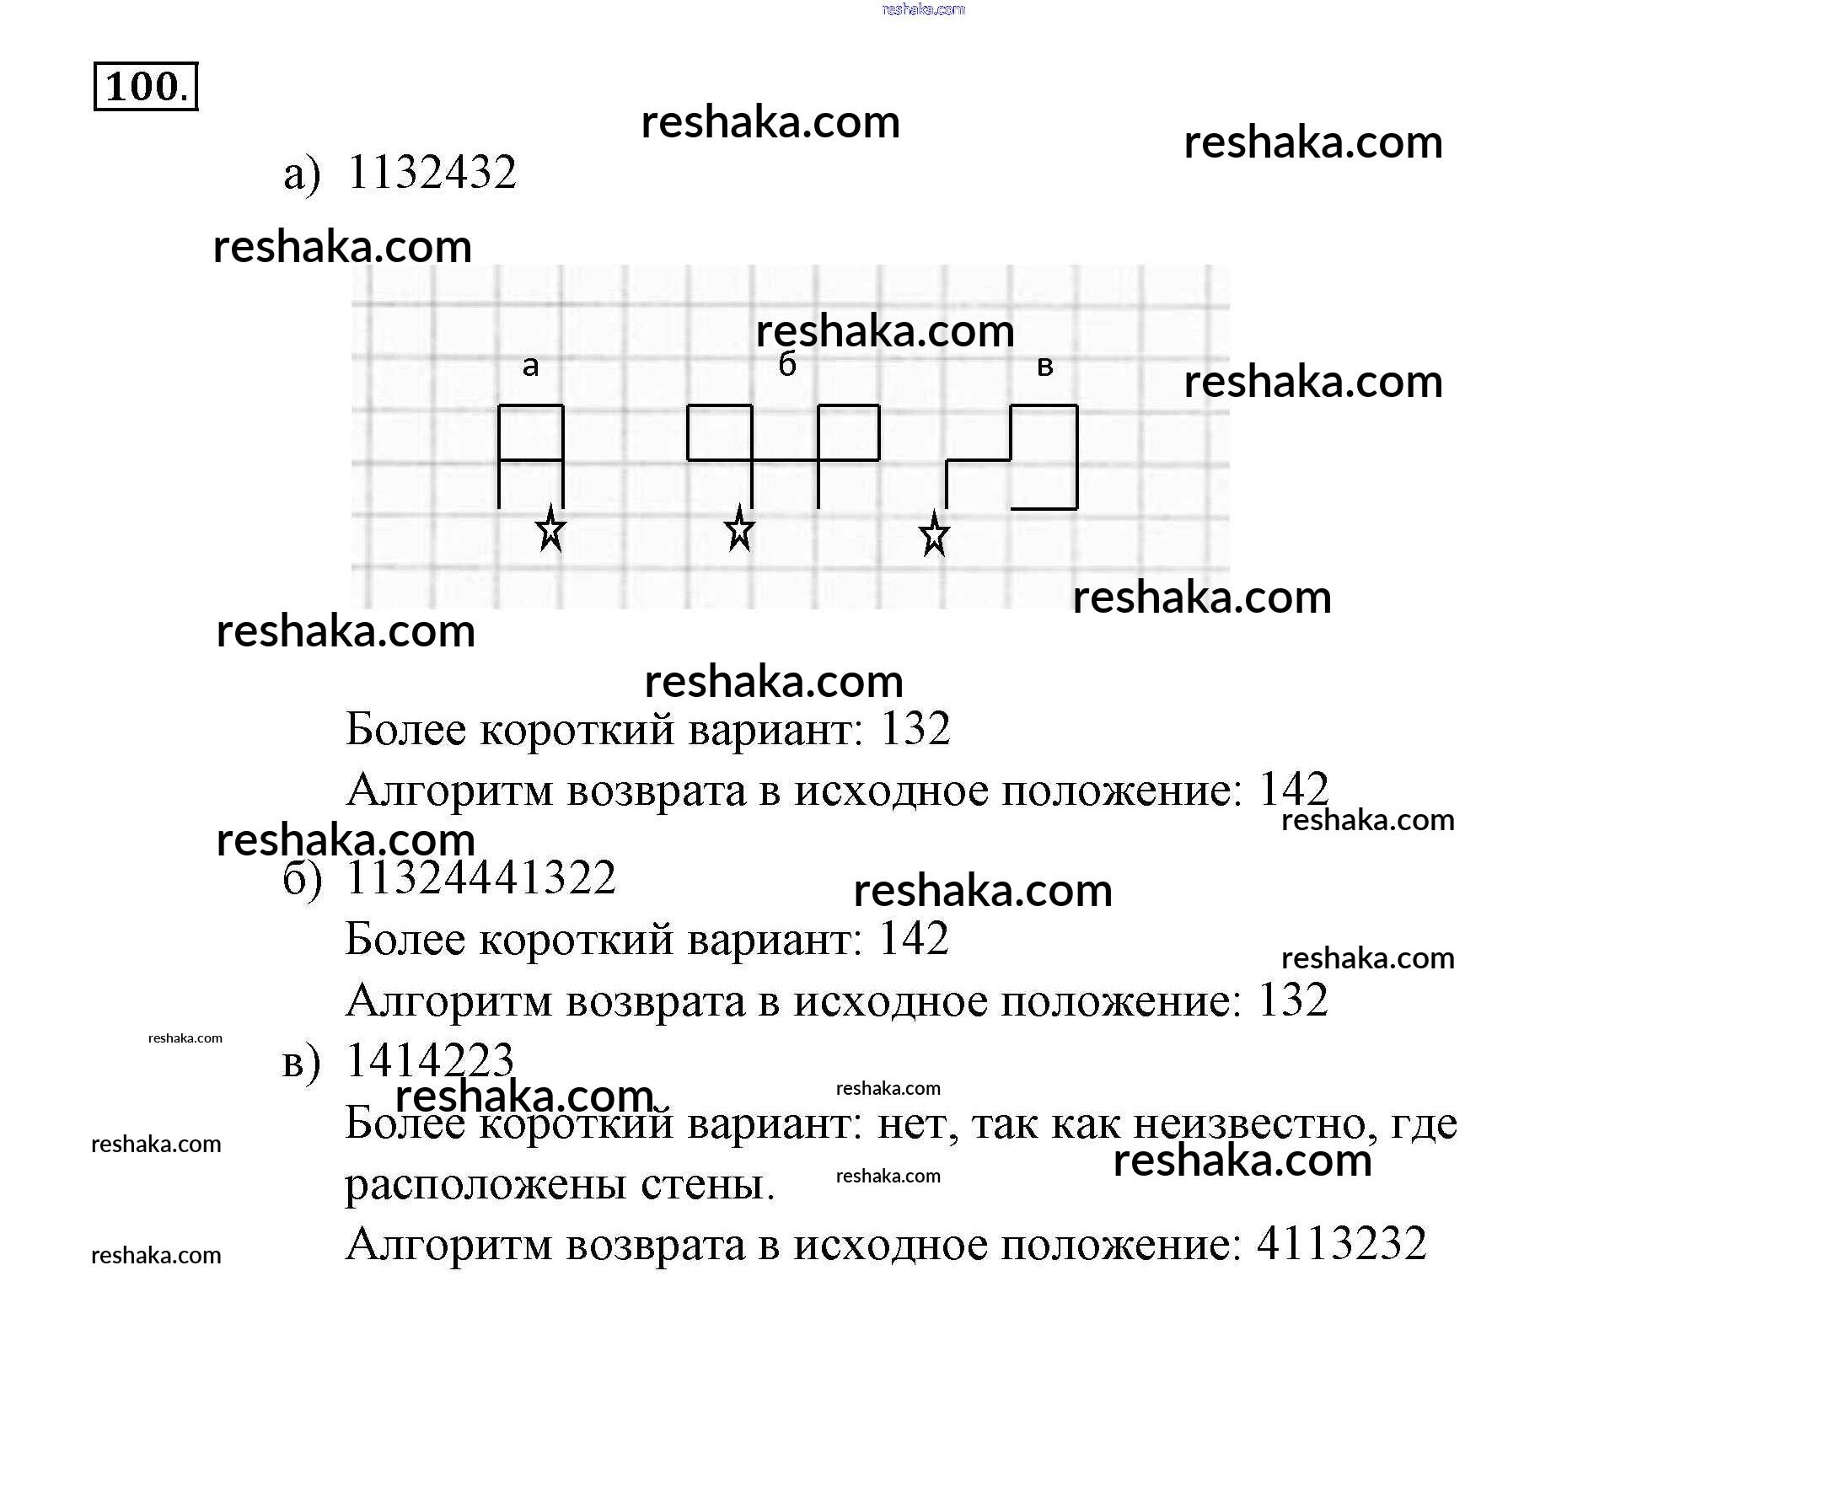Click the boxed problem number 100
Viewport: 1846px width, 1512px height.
click(146, 86)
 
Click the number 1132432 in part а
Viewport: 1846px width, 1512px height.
click(432, 172)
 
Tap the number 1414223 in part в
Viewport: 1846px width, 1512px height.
click(430, 1060)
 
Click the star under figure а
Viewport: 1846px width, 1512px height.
click(550, 529)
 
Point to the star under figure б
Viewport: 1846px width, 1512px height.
click(738, 529)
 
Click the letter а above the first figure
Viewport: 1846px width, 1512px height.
click(530, 367)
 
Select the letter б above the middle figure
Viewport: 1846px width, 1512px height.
click(786, 364)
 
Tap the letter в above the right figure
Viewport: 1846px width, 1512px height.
click(1045, 367)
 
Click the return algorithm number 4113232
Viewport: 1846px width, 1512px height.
click(1341, 1243)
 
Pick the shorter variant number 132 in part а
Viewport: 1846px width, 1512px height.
click(915, 728)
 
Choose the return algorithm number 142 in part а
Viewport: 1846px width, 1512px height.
click(1293, 789)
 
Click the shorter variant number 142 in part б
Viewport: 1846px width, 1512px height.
click(913, 938)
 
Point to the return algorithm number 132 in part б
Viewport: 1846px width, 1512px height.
click(1293, 999)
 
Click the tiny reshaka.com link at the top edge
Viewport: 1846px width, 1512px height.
click(924, 9)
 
